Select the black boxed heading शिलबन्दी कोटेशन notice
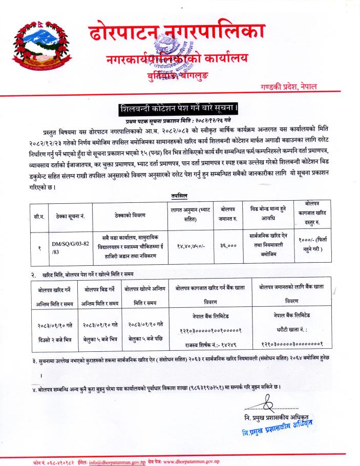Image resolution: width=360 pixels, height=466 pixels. click(179, 110)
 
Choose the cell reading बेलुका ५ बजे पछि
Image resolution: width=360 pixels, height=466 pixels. click(145, 338)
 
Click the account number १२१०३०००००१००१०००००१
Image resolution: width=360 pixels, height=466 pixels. click(210, 331)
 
